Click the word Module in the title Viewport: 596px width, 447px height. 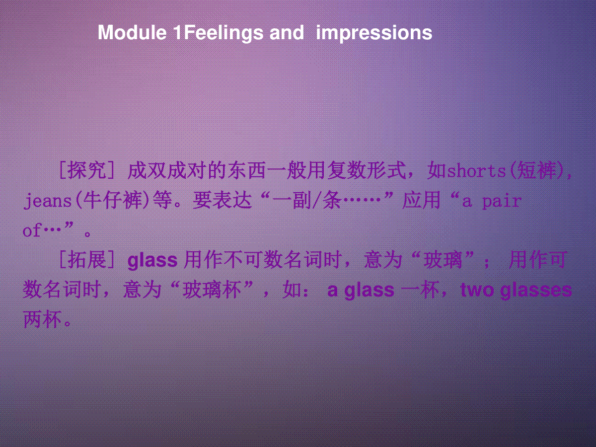132,33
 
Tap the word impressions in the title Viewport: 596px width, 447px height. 374,34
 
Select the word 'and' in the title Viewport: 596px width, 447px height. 287,33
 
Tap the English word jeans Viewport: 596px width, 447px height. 48,201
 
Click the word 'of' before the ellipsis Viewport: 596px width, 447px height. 32,230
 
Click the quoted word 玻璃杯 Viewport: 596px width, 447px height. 212,290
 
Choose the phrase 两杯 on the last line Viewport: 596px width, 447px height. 42,319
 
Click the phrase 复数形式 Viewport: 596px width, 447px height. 367,170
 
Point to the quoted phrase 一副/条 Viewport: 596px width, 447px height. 307,201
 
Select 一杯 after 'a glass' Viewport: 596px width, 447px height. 420,290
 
